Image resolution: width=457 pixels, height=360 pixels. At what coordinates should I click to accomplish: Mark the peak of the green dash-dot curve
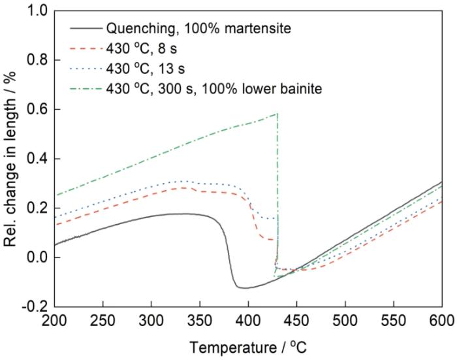coord(277,114)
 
